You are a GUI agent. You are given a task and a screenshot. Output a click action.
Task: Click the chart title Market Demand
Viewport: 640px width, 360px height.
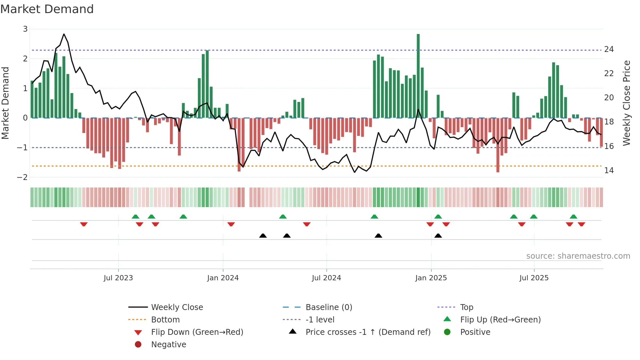point(47,9)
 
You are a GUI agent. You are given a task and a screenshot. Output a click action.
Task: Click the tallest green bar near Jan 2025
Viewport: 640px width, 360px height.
point(418,75)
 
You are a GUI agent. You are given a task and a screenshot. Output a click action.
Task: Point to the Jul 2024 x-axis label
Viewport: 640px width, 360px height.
point(326,278)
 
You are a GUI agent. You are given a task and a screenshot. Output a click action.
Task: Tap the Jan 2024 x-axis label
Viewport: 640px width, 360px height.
point(223,278)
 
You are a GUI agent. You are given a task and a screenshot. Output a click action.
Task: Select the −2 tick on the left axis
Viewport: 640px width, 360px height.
point(22,177)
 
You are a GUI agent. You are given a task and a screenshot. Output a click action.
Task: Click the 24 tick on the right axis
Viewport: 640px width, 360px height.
point(609,49)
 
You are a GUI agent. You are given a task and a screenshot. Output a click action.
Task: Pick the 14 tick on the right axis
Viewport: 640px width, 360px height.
point(609,170)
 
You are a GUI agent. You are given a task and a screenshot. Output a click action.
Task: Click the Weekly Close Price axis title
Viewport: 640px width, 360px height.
point(626,103)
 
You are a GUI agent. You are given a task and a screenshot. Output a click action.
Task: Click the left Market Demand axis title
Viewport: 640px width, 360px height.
point(6,103)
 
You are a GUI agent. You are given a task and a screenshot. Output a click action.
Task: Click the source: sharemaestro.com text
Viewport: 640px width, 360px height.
point(578,256)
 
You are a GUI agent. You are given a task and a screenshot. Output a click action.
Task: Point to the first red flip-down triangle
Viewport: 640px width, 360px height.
point(84,224)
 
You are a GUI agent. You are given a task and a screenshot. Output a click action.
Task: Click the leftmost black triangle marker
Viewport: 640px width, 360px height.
point(263,236)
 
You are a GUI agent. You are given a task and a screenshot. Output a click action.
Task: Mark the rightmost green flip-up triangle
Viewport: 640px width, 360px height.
point(573,217)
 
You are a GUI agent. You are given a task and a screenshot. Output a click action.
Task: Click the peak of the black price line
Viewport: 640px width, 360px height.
point(64,34)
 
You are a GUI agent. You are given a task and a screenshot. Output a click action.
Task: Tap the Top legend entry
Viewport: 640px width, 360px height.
point(467,307)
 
